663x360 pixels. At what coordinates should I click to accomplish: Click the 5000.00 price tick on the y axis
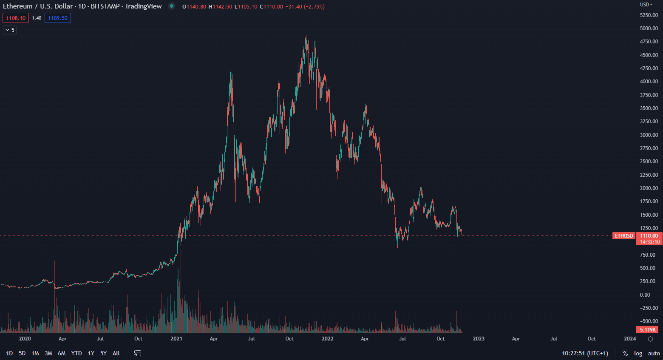[x=649, y=28]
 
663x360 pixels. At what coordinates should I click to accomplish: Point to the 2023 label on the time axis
[x=479, y=339]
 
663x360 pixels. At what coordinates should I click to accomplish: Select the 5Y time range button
[x=103, y=353]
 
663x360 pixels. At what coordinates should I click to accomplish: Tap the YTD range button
[x=76, y=353]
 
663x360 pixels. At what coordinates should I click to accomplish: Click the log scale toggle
[x=638, y=353]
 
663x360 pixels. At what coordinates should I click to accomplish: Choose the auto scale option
[x=654, y=353]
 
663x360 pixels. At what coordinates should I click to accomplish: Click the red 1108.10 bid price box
[x=16, y=18]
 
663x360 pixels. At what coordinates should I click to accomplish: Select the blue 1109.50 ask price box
[x=58, y=18]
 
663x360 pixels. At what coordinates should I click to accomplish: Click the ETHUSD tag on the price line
[x=623, y=236]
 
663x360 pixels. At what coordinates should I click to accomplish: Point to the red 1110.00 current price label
[x=649, y=236]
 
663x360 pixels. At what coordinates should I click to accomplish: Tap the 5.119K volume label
[x=648, y=329]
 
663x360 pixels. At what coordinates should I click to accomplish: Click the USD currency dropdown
[x=646, y=5]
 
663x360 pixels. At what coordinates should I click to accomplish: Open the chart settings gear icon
[x=650, y=339]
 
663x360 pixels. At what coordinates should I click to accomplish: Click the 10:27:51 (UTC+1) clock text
[x=585, y=353]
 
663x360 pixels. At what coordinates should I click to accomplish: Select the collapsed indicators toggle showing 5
[x=10, y=30]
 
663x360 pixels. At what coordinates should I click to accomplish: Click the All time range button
[x=116, y=353]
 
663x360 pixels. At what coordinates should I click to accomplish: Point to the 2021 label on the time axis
[x=176, y=339]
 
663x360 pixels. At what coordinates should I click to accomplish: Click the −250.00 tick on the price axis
[x=649, y=308]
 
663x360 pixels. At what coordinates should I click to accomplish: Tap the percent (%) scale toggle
[x=625, y=353]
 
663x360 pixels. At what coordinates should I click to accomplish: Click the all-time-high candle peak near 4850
[x=306, y=37]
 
